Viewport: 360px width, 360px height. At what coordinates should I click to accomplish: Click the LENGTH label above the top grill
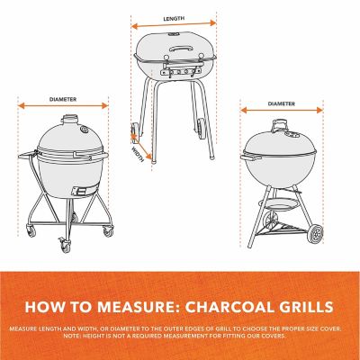(175, 18)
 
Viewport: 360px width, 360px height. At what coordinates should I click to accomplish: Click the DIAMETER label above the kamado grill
(63, 100)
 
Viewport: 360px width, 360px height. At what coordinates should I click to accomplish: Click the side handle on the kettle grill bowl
(246, 161)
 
